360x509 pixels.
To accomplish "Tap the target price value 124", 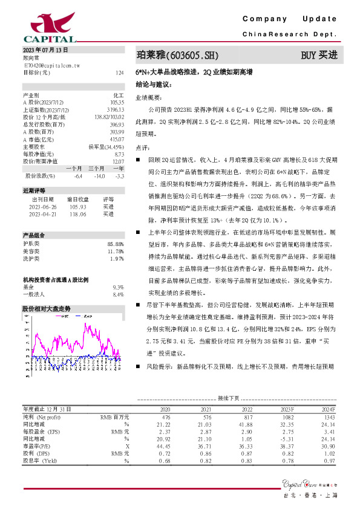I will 120,73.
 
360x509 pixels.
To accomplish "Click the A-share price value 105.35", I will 117,103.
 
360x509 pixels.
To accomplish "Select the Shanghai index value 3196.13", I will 115,109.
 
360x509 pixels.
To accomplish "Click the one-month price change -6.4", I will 77,176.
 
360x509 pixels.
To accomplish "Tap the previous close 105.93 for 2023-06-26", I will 78,206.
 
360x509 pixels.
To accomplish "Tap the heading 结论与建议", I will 153,84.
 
